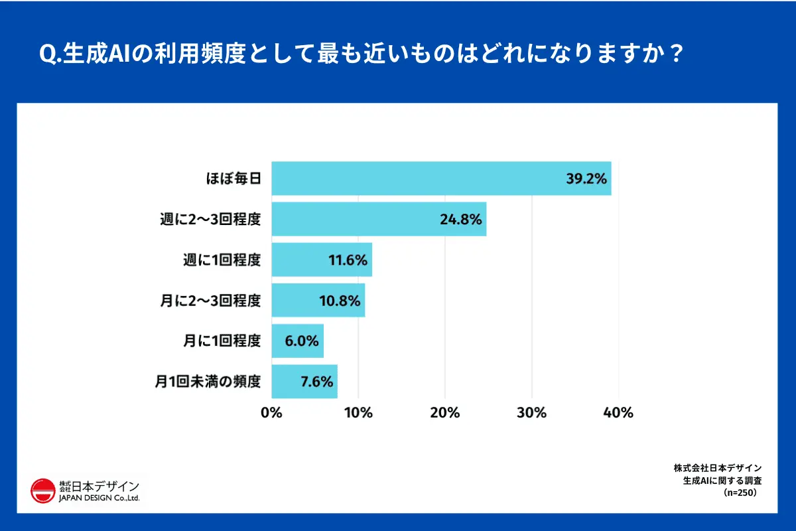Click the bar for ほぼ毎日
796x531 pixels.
(441, 178)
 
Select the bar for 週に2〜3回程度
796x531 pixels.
(379, 219)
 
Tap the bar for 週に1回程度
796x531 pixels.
(322, 260)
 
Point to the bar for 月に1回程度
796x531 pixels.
(298, 341)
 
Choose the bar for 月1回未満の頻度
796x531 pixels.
(304, 381)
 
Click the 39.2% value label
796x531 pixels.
(587, 179)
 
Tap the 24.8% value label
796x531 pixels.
(460, 220)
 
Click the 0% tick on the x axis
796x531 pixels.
(272, 412)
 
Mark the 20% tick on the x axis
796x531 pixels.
(445, 412)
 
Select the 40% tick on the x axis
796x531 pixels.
(619, 412)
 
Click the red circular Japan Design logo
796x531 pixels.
(43, 491)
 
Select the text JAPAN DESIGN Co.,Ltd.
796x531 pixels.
(99, 498)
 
